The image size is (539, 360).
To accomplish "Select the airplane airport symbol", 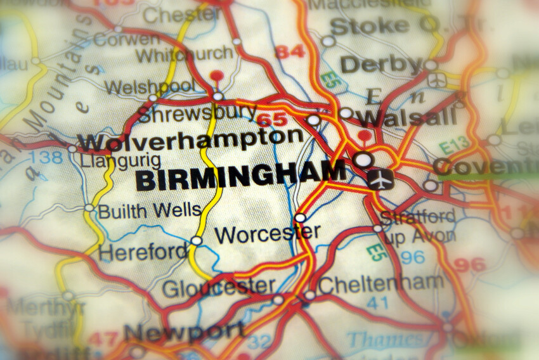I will pyautogui.click(x=380, y=179).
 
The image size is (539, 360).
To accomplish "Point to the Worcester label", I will pyautogui.click(x=267, y=234).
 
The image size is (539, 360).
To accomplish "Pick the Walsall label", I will pyautogui.click(x=406, y=117).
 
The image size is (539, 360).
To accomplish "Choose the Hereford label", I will pyautogui.click(x=143, y=252).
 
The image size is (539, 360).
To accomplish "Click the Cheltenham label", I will pyautogui.click(x=381, y=283).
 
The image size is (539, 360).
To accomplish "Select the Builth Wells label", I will pyautogui.click(x=150, y=210).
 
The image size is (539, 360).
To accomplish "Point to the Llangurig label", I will pyautogui.click(x=120, y=160).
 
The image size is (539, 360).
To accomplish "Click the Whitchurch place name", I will pyautogui.click(x=185, y=55).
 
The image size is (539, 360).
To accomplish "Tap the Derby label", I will pyautogui.click(x=381, y=64).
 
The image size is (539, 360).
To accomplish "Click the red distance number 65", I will pyautogui.click(x=272, y=119).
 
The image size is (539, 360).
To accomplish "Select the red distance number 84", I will pyautogui.click(x=290, y=51).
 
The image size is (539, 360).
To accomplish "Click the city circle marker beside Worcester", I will pyautogui.click(x=300, y=218).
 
